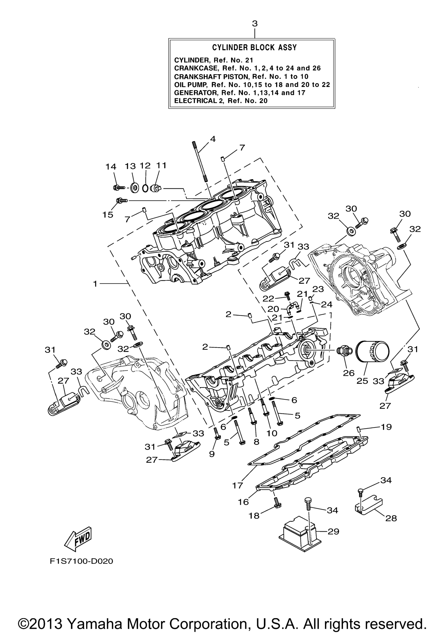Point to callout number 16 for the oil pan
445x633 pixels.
click(x=244, y=502)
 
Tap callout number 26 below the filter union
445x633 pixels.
click(x=349, y=373)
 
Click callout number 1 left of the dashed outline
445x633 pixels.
click(x=95, y=284)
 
